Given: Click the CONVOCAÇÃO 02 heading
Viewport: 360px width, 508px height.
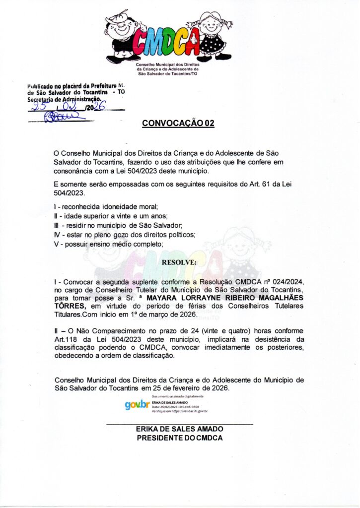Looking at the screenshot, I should [x=178, y=124].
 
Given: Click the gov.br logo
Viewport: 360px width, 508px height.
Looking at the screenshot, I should [x=137, y=405].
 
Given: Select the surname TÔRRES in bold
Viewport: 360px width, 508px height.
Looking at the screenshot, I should [x=70, y=306].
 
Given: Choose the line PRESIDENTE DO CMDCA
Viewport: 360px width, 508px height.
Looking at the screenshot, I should [x=179, y=438].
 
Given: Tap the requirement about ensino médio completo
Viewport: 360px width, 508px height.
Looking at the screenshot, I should [x=108, y=244].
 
